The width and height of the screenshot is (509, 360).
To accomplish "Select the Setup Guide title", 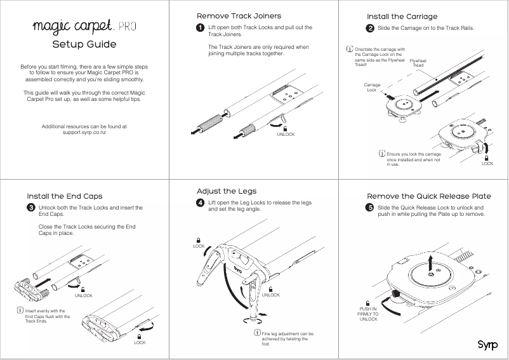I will click(84, 44).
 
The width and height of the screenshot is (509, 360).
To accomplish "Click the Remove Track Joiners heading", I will click(239, 15).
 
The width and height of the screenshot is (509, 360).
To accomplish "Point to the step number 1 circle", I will click(201, 28).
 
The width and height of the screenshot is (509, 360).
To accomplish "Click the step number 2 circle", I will click(370, 29).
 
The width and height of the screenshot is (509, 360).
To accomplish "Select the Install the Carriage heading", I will click(402, 16).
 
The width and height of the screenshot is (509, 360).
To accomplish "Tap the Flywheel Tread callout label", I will click(418, 63).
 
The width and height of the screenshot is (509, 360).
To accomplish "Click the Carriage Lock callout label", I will click(372, 87).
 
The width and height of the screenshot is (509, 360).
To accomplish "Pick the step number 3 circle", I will click(30, 208).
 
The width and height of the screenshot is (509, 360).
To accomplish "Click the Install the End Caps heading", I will click(64, 196).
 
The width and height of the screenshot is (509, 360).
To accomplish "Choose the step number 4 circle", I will click(201, 203).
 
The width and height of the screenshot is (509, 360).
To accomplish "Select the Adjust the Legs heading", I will click(227, 190).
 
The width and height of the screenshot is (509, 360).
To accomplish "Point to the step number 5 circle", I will click(370, 208).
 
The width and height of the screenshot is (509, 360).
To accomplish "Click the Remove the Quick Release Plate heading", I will click(429, 196).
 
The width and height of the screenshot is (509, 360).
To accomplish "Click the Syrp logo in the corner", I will click(487, 345).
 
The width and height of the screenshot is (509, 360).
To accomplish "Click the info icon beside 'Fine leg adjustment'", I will click(257, 333).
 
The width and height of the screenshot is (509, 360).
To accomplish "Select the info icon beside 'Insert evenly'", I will click(20, 310).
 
